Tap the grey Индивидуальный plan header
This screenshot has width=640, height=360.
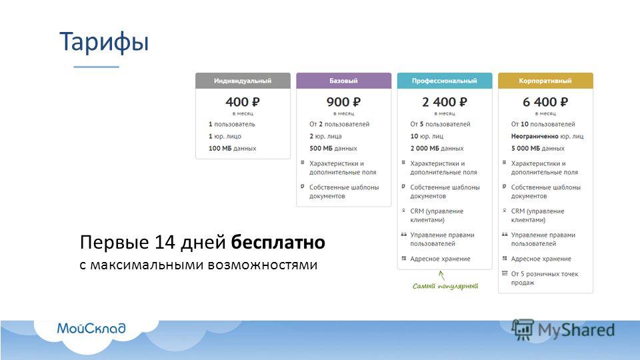point(243,81)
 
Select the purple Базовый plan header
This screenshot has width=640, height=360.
point(344,81)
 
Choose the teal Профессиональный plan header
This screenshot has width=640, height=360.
point(445,81)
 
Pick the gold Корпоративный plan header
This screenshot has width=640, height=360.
point(545,81)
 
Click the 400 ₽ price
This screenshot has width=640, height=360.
point(243,101)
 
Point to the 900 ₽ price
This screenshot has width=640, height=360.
point(343,101)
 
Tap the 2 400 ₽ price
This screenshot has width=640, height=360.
point(445,101)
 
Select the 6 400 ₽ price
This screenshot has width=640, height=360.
point(545,101)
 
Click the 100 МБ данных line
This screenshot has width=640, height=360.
point(232,148)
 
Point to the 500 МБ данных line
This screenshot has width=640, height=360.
point(333,148)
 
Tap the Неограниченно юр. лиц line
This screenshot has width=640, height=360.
point(547,136)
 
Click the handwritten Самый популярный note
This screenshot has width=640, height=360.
point(445,286)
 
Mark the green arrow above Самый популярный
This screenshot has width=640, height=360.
point(441,275)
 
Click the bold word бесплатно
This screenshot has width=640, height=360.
point(278,242)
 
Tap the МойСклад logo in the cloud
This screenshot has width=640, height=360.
point(91,328)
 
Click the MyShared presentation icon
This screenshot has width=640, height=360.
point(523,330)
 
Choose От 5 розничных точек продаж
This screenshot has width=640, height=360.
point(545,279)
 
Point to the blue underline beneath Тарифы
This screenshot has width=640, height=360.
point(96,67)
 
